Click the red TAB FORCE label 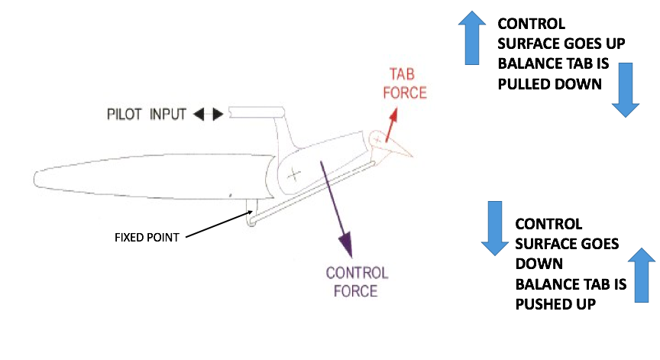coord(408,83)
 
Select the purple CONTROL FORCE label coord(357,281)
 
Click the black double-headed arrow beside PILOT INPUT coord(208,115)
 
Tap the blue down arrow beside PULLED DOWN coord(625,89)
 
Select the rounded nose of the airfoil coord(37,178)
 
